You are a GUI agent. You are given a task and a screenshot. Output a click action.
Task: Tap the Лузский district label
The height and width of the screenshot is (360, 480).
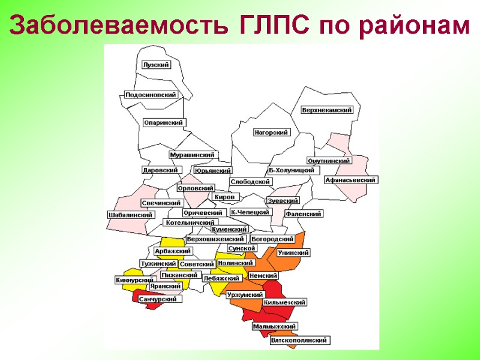coord(156,65)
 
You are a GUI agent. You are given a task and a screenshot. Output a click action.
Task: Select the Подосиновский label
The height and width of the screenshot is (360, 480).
coord(151,95)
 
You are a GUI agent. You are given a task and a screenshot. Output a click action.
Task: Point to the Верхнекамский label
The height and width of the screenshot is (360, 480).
coord(327,110)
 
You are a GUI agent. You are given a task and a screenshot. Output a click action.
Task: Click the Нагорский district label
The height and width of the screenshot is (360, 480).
coord(271,133)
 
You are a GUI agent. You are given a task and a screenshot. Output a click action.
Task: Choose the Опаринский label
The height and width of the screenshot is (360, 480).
coord(164,122)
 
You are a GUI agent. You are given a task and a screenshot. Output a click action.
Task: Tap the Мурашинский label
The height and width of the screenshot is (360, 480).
coord(193,155)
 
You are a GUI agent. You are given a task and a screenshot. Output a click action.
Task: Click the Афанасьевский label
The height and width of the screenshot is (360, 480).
coord(350,180)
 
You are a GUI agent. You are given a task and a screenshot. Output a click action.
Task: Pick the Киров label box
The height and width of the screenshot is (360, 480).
coord(226,197)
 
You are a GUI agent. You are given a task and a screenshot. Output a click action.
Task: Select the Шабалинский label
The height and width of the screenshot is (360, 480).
coord(130,215)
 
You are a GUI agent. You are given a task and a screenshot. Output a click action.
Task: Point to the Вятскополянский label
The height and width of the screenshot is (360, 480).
coord(299,341)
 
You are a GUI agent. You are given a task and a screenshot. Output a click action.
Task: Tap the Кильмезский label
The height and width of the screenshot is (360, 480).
coord(284,302)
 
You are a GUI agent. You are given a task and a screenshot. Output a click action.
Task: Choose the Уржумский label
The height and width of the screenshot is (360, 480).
coord(245,295)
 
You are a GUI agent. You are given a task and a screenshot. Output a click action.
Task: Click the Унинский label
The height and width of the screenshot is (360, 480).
coord(293,253)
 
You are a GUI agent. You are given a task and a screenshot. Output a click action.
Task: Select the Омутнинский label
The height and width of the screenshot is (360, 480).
coord(329,161)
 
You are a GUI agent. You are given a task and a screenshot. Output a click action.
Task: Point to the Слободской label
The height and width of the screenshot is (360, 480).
coord(251,182)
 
